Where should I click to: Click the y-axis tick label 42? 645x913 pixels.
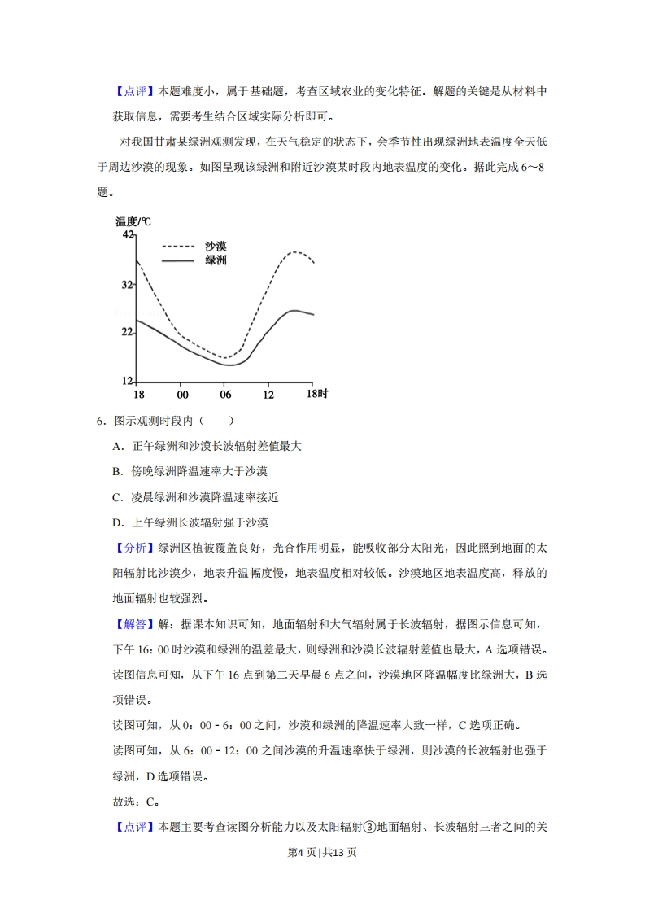click(x=128, y=235)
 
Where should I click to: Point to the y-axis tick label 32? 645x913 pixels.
click(x=128, y=285)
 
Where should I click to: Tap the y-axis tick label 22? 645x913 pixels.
click(x=128, y=332)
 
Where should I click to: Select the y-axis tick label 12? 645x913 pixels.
click(x=128, y=381)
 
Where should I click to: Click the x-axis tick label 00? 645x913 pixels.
click(x=182, y=395)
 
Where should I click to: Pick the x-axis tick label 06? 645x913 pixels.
click(x=226, y=395)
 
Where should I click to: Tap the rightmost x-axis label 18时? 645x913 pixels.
click(x=316, y=395)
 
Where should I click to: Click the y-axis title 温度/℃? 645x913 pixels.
click(x=133, y=221)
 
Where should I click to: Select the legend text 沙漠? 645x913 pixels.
click(x=216, y=246)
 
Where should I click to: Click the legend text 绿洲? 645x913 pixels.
click(x=216, y=260)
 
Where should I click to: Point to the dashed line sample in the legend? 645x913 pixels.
click(x=178, y=246)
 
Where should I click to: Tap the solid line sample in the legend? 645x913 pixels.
click(x=178, y=260)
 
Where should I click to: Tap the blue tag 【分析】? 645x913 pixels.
click(x=130, y=548)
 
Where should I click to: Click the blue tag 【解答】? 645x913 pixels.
click(x=130, y=624)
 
